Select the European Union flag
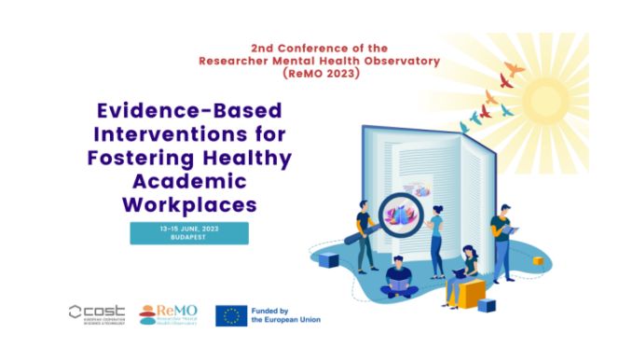[230, 315]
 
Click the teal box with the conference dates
[189, 233]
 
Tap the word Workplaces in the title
[189, 201]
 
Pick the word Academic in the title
[189, 178]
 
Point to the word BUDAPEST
[189, 239]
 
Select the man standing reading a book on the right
[501, 241]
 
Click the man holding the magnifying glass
[364, 234]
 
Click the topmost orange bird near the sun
[513, 68]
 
